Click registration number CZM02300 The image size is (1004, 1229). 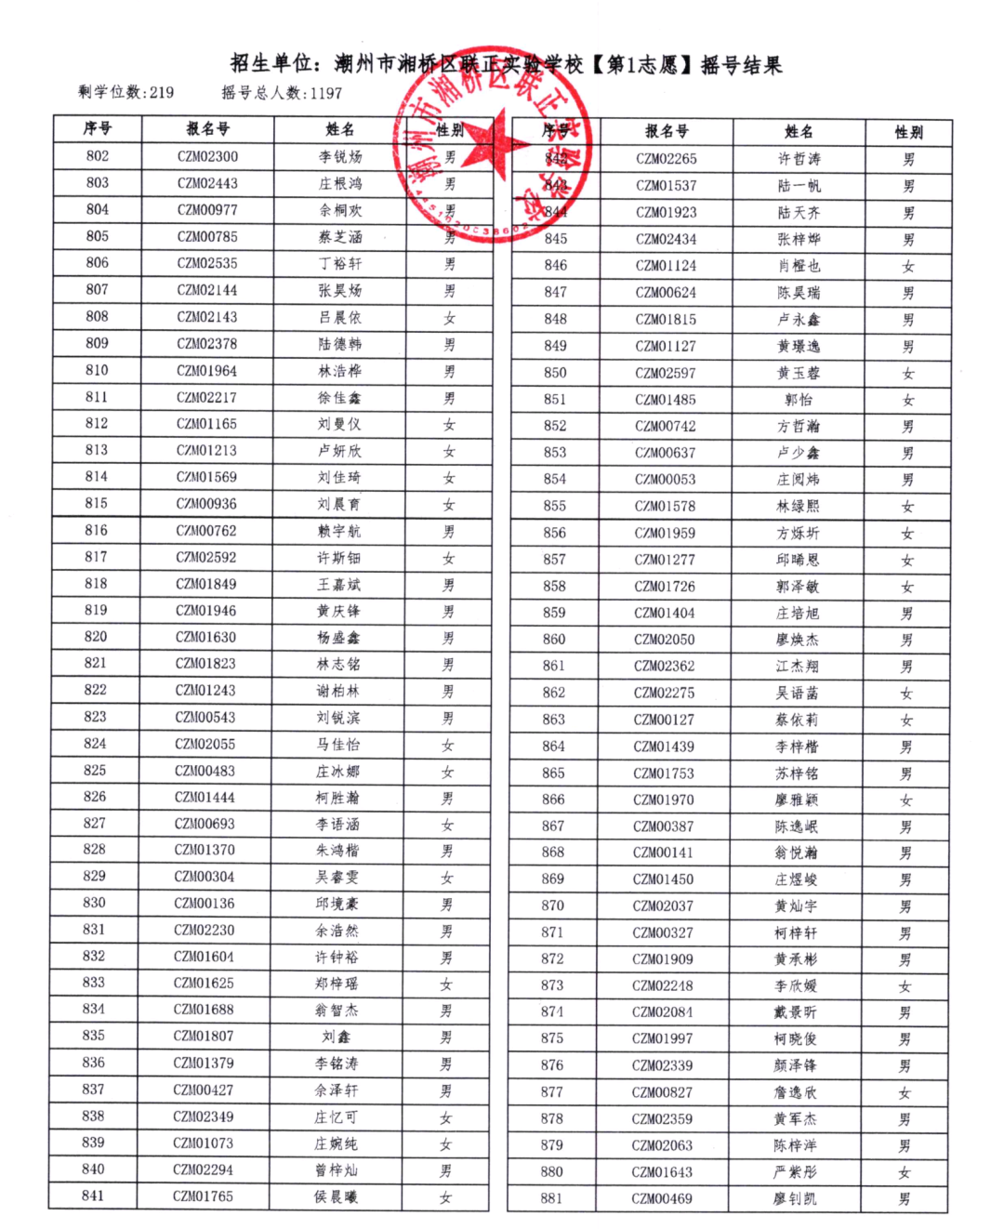pos(207,156)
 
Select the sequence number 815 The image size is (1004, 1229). pos(96,503)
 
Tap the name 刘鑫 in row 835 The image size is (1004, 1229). pos(336,1036)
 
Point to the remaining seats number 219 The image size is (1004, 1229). pos(161,92)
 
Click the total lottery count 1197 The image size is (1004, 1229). pos(326,93)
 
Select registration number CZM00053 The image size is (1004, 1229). pos(665,480)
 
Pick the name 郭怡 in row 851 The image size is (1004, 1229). pos(799,400)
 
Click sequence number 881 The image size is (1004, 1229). pos(552,1198)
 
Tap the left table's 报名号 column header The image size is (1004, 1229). pos(207,129)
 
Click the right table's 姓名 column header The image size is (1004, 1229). pos(799,132)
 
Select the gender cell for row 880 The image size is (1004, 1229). pos(905,1172)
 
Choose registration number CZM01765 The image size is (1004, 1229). pos(203,1196)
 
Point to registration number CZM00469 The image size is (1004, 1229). pos(662,1198)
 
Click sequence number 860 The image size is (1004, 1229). pos(554,640)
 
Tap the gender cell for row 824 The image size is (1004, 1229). pos(448,745)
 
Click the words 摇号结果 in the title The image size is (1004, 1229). pos(741,65)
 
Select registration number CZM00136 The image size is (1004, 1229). pos(205,903)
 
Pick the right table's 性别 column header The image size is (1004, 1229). pos(908,132)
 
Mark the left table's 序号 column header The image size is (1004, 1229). pos(97,128)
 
